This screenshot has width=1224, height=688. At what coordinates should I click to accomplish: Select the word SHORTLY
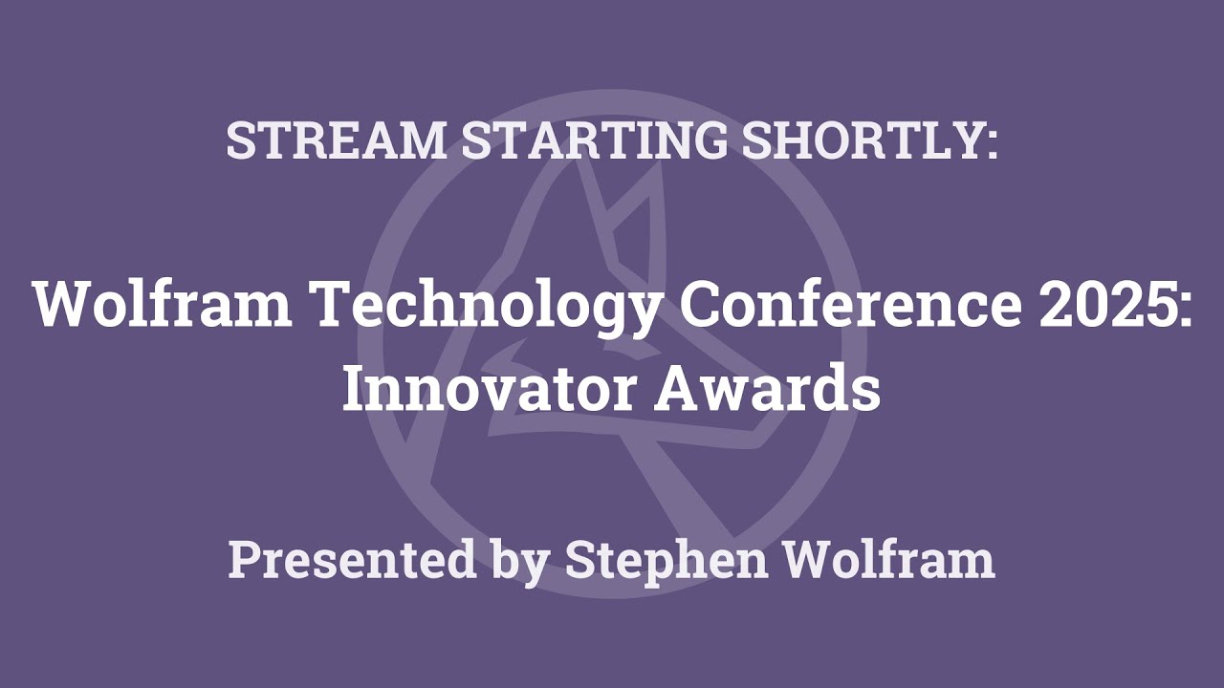(x=857, y=140)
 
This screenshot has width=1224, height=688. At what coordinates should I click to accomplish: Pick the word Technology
(x=475, y=306)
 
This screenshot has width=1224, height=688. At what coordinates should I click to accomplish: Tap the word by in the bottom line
(x=521, y=561)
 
